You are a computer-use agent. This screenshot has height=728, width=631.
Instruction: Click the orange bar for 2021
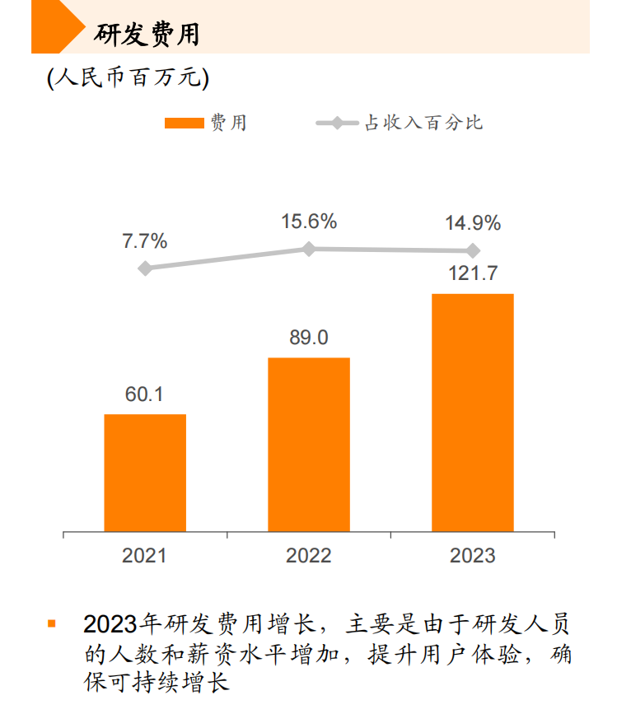click(x=145, y=472)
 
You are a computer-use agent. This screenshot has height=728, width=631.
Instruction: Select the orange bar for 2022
click(x=309, y=444)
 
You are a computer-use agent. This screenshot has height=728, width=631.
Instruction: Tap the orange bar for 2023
click(x=473, y=412)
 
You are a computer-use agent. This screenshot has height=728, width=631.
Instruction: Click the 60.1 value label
click(x=144, y=395)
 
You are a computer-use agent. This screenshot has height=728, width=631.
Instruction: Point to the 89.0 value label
click(x=308, y=338)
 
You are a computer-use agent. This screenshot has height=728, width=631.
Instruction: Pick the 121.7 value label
click(x=473, y=274)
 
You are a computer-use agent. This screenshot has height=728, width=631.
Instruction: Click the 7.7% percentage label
click(x=145, y=241)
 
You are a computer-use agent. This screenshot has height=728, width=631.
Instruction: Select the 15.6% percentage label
click(x=309, y=222)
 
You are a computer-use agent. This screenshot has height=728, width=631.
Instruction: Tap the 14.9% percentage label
click(x=473, y=223)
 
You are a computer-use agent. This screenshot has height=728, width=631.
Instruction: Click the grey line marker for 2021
click(x=145, y=268)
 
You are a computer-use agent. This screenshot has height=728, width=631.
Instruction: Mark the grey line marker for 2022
click(x=309, y=249)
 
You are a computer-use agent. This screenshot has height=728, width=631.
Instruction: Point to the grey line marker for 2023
click(x=473, y=250)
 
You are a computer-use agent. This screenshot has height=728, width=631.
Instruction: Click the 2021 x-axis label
click(x=144, y=556)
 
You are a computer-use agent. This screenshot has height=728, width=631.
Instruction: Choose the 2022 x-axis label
click(x=309, y=556)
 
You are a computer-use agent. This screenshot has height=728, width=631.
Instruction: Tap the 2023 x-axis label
click(x=473, y=556)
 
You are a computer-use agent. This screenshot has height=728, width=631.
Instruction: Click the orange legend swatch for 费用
click(x=184, y=124)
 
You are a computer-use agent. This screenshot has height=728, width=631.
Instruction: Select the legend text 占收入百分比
click(x=423, y=124)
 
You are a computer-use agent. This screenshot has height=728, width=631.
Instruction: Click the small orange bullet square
click(x=52, y=623)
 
